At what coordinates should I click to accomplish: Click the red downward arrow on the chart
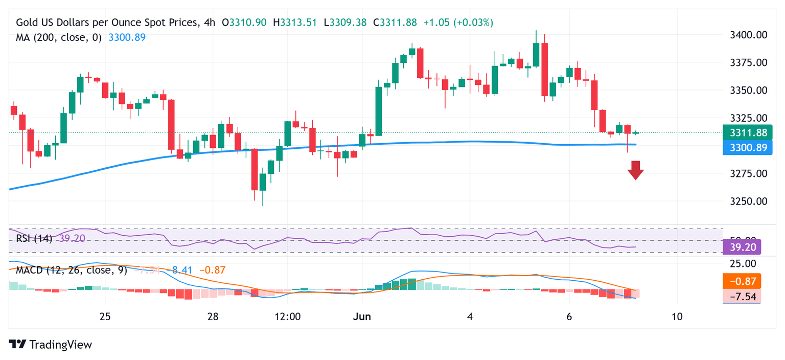coord(635,170)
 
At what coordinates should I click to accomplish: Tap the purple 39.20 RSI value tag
coord(742,247)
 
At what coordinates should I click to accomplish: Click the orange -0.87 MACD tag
coord(742,281)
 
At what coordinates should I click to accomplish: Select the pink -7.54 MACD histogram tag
coord(742,296)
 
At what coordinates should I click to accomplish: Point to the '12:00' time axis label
coord(287,317)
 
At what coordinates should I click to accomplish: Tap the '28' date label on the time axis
coord(213,317)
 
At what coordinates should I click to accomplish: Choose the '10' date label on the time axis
coord(677,317)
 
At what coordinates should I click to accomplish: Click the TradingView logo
coord(51,345)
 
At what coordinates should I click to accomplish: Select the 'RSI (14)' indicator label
coord(34,238)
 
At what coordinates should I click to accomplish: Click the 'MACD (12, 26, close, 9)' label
coord(71,270)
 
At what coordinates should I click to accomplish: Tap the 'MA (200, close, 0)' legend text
coord(59,37)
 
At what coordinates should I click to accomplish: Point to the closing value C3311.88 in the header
coord(395,22)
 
